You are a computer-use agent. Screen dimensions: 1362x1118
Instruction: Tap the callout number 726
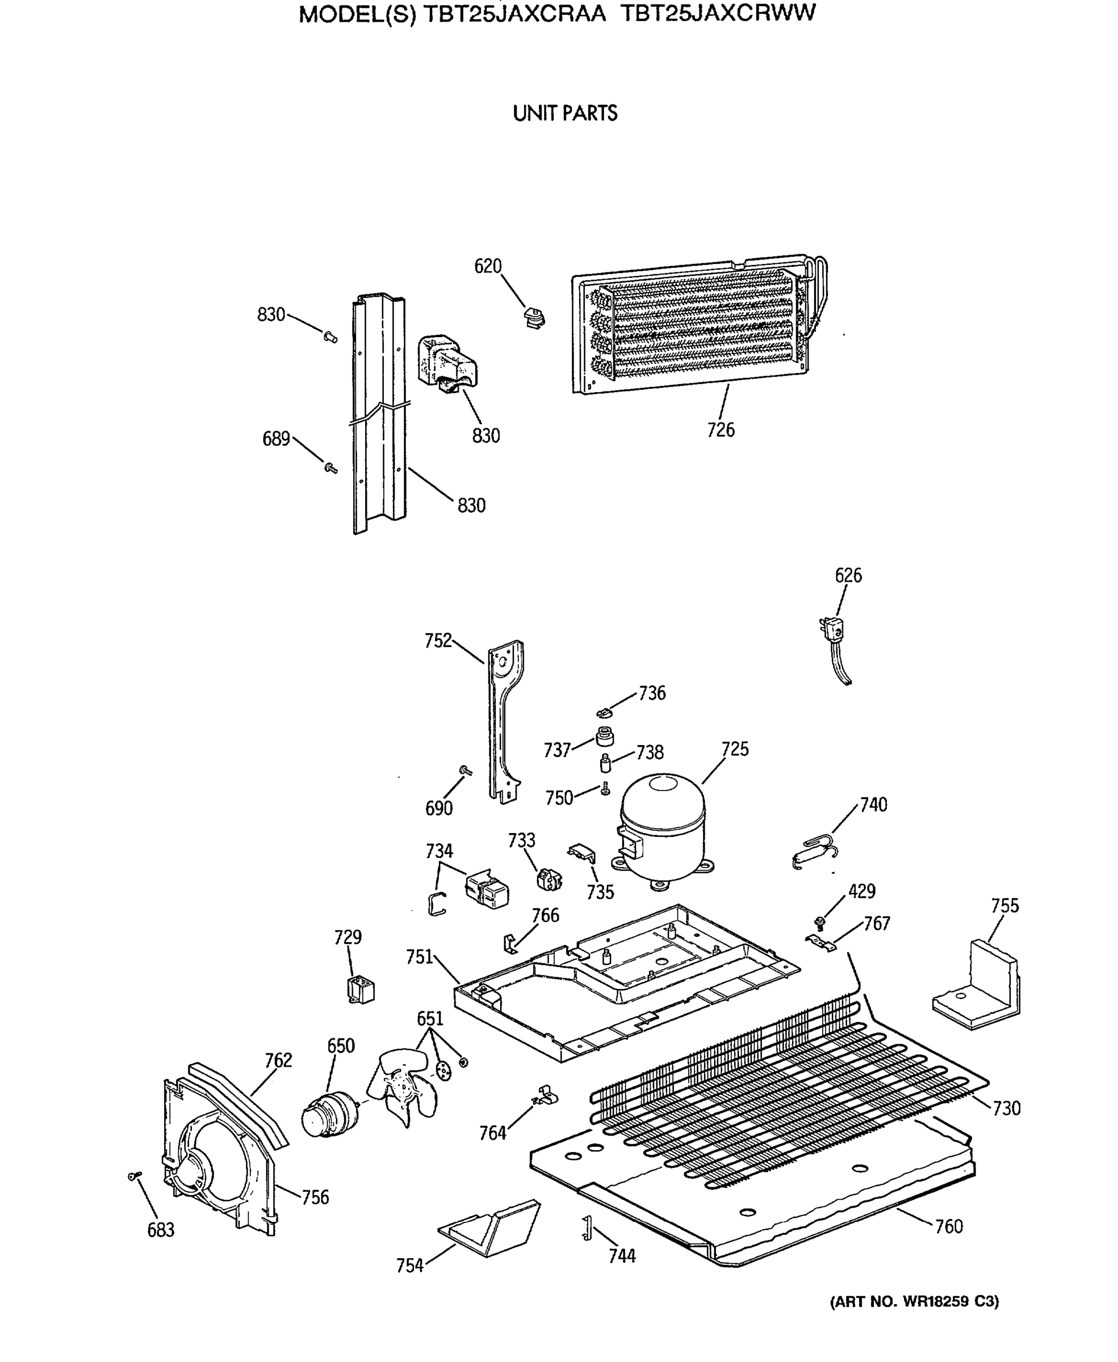tap(720, 430)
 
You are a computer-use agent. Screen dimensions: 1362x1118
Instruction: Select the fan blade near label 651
tap(402, 1087)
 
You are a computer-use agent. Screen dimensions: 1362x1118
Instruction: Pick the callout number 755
tap(1004, 906)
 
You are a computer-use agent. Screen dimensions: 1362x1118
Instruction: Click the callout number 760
tap(949, 1226)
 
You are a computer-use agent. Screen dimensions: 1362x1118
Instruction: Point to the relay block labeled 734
tap(487, 889)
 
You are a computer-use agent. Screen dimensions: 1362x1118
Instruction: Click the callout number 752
tap(437, 641)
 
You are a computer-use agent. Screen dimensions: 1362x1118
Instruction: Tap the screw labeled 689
tap(330, 467)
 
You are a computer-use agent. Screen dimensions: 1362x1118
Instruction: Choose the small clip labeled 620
tap(534, 317)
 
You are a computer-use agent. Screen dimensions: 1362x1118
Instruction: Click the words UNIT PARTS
tap(565, 113)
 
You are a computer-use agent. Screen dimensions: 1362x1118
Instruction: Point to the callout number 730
tap(1006, 1108)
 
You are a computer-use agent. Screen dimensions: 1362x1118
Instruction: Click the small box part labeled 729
tap(361, 990)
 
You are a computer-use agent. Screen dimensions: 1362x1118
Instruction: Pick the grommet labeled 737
tap(605, 735)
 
